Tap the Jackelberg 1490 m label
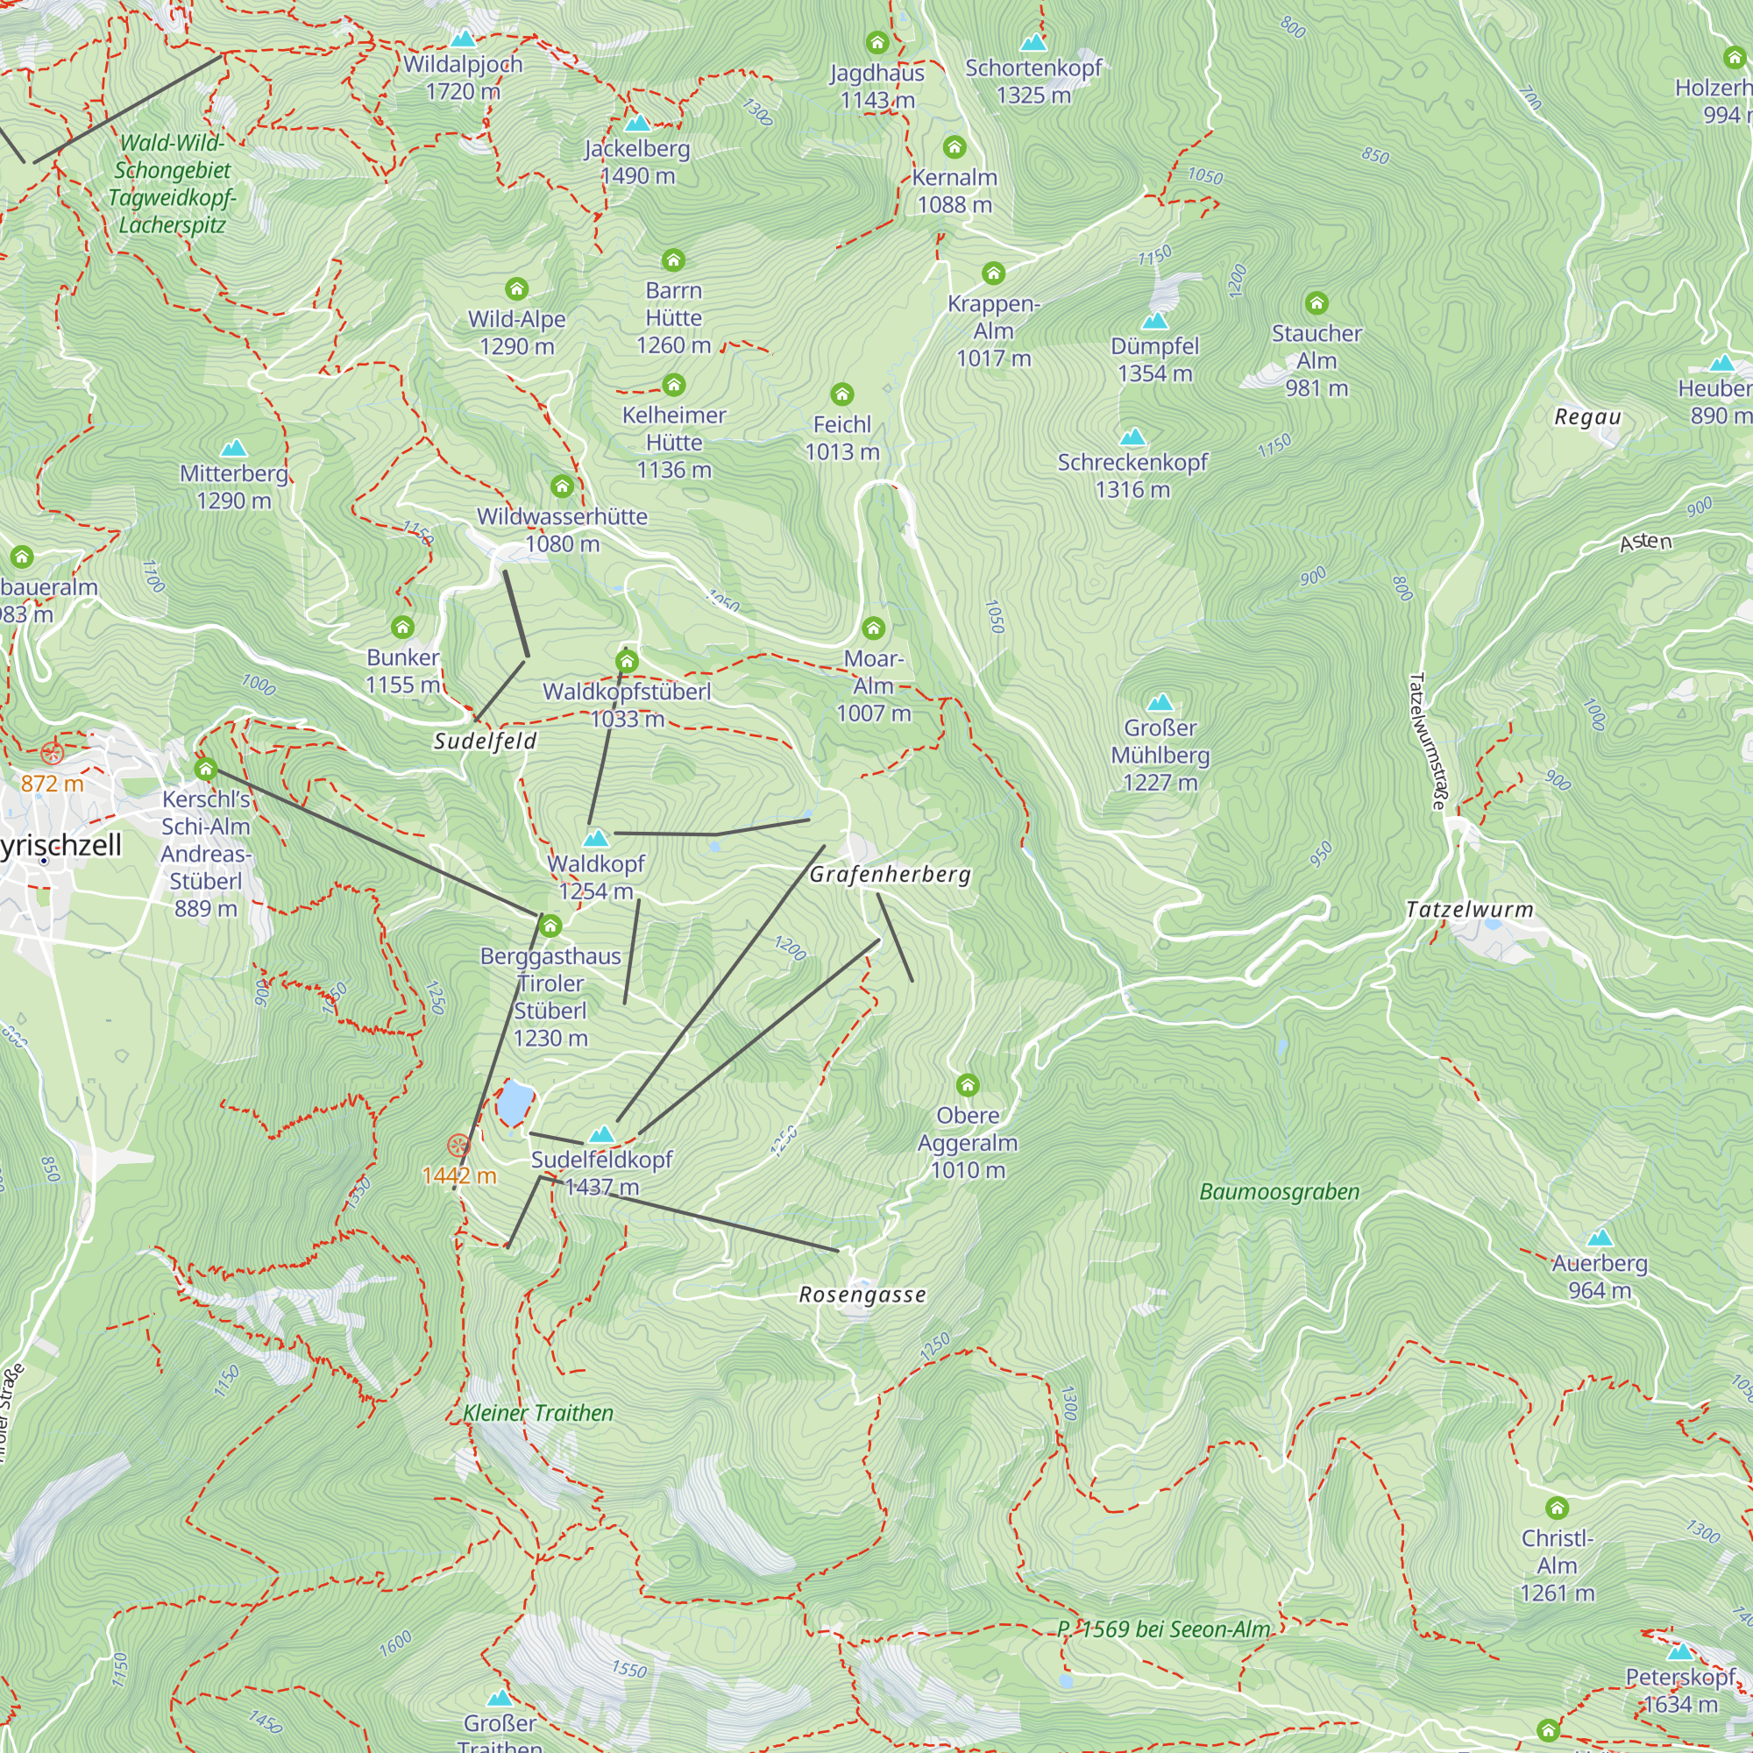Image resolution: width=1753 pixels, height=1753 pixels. (637, 161)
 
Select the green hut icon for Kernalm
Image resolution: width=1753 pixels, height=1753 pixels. (954, 147)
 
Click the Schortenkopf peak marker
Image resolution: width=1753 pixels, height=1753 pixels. (1033, 43)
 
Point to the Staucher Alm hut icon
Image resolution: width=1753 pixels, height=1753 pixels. (1317, 303)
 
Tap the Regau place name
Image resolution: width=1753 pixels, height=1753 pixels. (1587, 417)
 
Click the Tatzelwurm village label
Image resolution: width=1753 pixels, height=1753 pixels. (1469, 909)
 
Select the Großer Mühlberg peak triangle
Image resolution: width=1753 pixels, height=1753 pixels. (1160, 702)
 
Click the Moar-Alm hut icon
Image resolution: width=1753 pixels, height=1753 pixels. (873, 628)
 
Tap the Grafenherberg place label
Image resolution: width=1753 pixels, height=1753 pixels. (891, 874)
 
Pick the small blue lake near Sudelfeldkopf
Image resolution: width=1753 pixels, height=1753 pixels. (514, 1103)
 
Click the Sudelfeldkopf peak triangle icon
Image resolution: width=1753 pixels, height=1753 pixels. (602, 1134)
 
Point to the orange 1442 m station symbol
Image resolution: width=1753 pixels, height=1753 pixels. (459, 1146)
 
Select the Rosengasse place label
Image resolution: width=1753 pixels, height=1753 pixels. (862, 1295)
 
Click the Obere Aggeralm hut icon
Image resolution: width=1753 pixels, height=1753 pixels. (968, 1085)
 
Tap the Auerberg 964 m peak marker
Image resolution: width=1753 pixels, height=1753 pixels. (1600, 1238)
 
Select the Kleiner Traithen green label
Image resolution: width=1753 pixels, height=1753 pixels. (538, 1413)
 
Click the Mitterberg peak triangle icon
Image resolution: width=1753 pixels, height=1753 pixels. (234, 448)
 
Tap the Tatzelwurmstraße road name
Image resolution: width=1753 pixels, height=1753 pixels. (1426, 741)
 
